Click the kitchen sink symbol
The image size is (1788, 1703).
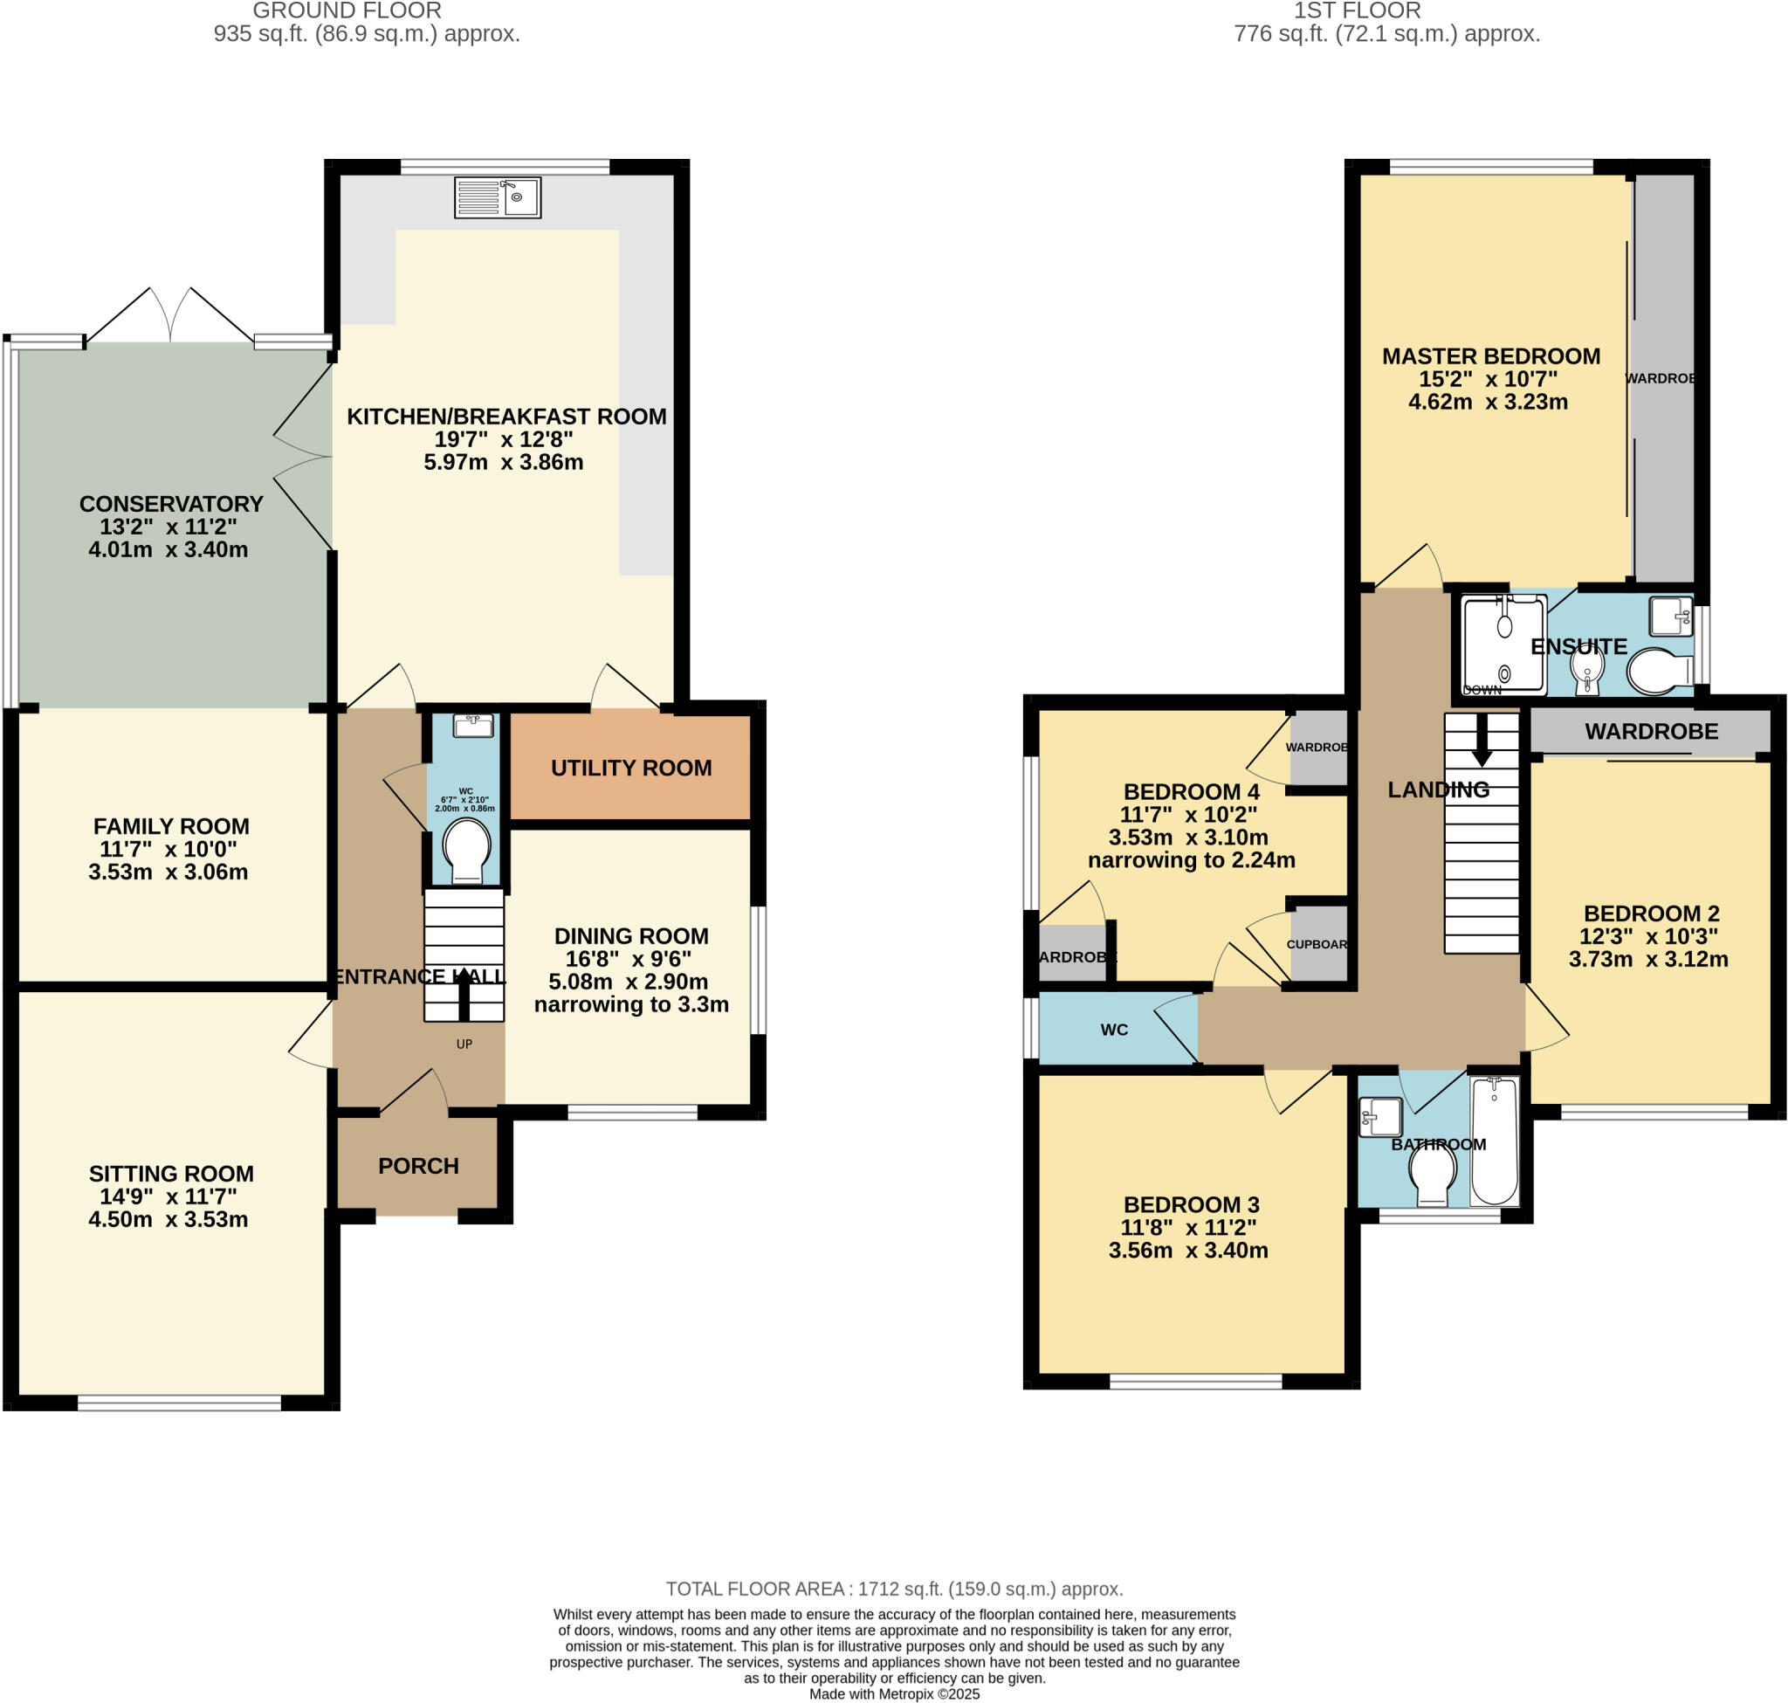coord(498,197)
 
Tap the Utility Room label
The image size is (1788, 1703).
coord(631,768)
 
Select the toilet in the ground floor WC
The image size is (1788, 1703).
coord(466,849)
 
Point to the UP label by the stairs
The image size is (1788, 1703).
coord(464,1044)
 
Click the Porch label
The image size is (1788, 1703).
coord(418,1166)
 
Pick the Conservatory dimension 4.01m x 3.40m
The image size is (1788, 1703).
coord(168,549)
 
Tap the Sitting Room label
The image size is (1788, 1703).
coord(170,1174)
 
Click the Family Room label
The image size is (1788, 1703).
coord(170,826)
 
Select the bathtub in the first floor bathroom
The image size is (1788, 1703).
coord(1494,1141)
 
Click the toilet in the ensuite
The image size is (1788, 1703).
coord(1658,672)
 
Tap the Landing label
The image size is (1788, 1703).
coord(1438,789)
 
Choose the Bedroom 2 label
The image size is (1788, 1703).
coord(1651,914)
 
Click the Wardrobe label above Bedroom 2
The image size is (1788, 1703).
coord(1651,732)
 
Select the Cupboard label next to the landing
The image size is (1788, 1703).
coord(1316,944)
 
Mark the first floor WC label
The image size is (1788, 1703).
coord(1114,1030)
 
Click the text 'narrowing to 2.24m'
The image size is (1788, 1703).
coord(1191,859)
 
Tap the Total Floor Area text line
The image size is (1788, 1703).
coord(894,1589)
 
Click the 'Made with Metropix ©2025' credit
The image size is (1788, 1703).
coord(894,1694)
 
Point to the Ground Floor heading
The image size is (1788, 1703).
coord(347,10)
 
